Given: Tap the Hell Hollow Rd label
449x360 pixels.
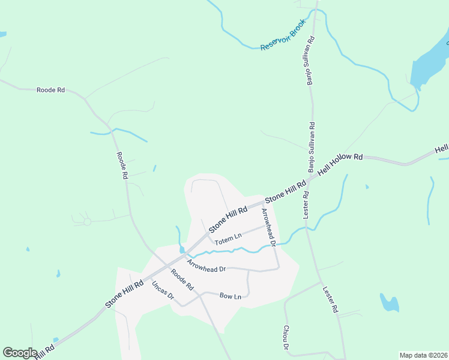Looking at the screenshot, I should click(341, 164).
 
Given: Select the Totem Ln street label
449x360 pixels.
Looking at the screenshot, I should click(228, 239).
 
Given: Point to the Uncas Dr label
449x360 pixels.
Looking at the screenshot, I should click(163, 291).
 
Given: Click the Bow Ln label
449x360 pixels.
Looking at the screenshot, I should click(231, 296).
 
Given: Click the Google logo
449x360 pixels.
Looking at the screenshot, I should click(20, 353).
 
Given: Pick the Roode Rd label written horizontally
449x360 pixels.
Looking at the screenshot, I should click(50, 90).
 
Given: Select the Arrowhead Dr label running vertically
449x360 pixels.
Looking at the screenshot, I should click(268, 227).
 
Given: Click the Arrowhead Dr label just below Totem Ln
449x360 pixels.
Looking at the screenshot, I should click(206, 266).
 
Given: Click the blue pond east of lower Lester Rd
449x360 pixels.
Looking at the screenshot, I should click(390, 303).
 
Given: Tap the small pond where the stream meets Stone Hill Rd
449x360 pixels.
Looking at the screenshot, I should click(181, 249).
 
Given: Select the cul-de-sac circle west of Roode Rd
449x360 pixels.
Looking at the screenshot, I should click(87, 222).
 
